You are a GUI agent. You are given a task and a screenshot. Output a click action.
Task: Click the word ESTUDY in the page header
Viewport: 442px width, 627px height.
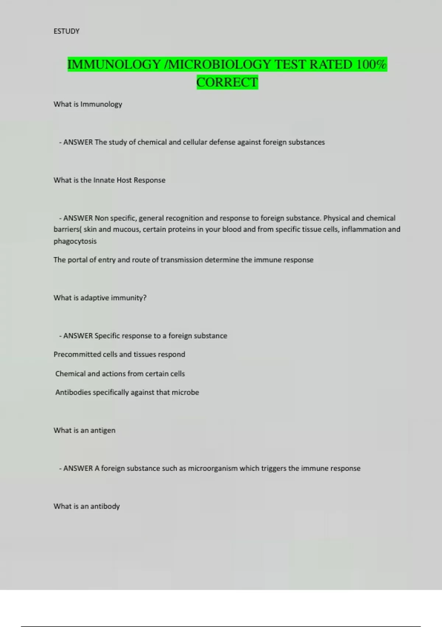[66, 31]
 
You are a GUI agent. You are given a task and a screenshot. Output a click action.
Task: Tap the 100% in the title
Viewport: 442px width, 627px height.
[371, 65]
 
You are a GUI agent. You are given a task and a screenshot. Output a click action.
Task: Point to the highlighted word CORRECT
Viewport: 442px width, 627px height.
[227, 82]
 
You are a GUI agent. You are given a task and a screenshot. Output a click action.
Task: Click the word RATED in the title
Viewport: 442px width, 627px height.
[331, 65]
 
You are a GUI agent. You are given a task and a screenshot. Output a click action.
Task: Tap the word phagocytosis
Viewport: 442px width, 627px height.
[75, 242]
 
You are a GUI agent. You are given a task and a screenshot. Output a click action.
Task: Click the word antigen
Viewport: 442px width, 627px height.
[103, 430]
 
